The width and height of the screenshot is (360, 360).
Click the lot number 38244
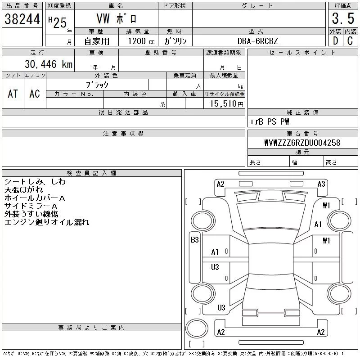click(22, 18)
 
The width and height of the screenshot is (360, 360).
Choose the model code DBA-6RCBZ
click(258, 41)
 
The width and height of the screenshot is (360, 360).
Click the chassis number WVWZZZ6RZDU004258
click(302, 143)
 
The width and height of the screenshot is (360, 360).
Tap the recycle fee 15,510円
click(227, 104)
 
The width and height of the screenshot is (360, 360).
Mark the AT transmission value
click(13, 94)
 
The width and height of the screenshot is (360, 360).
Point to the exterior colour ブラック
click(97, 85)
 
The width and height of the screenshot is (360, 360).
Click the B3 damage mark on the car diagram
click(194, 240)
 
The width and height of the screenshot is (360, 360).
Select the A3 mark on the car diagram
click(321, 184)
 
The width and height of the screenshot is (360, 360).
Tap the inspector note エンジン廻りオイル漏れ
click(47, 222)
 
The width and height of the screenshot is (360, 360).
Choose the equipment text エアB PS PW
click(270, 121)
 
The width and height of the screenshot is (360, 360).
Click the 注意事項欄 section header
click(123, 134)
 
